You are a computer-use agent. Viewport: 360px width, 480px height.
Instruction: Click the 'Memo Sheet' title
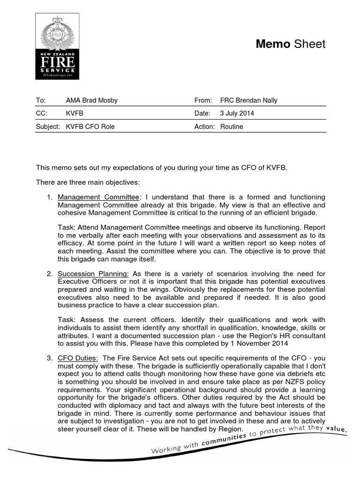[290, 44]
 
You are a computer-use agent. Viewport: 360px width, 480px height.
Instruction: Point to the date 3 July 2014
[237, 113]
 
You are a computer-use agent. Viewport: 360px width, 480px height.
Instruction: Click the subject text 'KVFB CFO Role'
[90, 127]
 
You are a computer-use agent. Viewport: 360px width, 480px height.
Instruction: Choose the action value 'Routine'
[232, 127]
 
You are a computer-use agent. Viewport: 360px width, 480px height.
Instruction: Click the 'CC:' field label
[42, 113]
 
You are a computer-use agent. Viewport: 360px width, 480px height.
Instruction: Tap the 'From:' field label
[203, 100]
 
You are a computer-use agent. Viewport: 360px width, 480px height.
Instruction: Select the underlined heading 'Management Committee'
[98, 198]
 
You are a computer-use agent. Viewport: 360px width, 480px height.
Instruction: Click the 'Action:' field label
[204, 127]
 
